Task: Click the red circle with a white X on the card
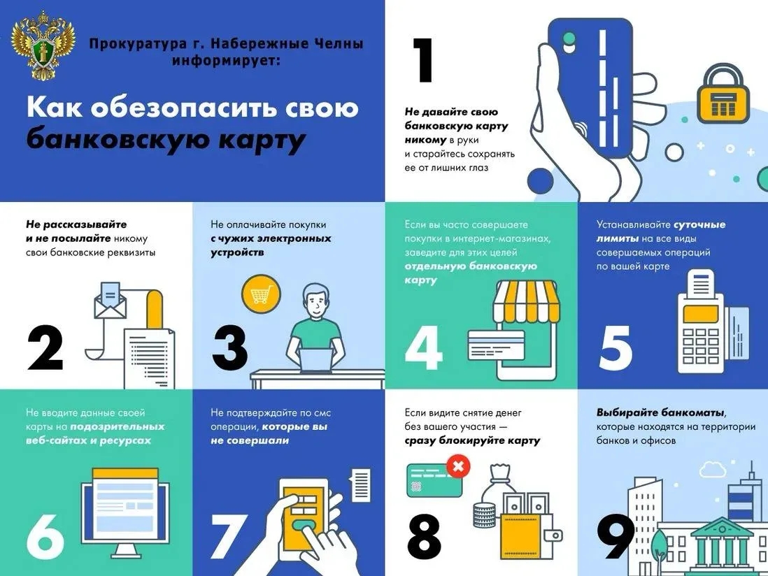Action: tap(458, 466)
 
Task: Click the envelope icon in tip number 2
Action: tap(111, 301)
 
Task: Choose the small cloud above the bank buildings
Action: tap(713, 470)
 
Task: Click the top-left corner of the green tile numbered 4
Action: tap(385, 202)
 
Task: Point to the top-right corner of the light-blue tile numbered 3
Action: tap(385, 202)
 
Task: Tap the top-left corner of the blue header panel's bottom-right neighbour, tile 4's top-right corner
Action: tap(578, 202)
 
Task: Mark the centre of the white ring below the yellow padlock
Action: tap(674, 152)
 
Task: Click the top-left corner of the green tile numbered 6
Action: tap(0, 389)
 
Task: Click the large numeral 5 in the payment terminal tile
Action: tap(616, 348)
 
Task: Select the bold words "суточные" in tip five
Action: tap(699, 224)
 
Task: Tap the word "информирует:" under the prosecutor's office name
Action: tap(227, 62)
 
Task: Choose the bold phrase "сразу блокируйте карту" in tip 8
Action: tap(472, 440)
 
